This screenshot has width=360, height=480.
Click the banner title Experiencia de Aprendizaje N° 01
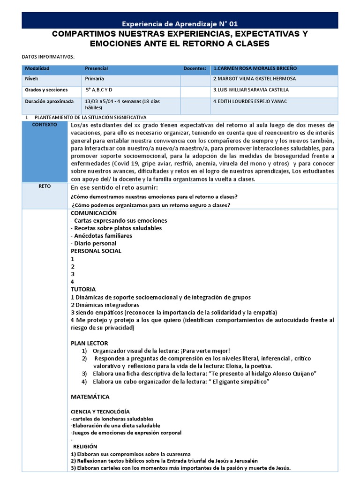coord(182,23)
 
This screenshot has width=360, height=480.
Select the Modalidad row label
coord(37,68)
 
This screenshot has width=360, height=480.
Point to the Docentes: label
coord(195,68)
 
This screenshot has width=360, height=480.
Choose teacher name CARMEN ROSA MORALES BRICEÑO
coord(255,68)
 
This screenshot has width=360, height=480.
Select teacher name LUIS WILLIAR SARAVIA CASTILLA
coord(251,90)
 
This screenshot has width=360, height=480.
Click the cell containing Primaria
coord(95,79)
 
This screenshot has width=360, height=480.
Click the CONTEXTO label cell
coord(45,125)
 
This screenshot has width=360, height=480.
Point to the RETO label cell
coord(45,186)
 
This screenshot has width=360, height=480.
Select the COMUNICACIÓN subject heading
coord(93,212)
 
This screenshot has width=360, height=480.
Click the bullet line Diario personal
coord(93,243)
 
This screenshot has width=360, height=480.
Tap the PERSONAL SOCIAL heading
coord(96,251)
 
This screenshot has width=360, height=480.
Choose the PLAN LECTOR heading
coord(89,343)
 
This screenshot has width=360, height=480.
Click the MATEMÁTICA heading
coord(90,397)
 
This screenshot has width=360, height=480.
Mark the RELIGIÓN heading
coord(85,447)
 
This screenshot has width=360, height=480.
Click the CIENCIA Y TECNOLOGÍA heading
coord(100,411)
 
